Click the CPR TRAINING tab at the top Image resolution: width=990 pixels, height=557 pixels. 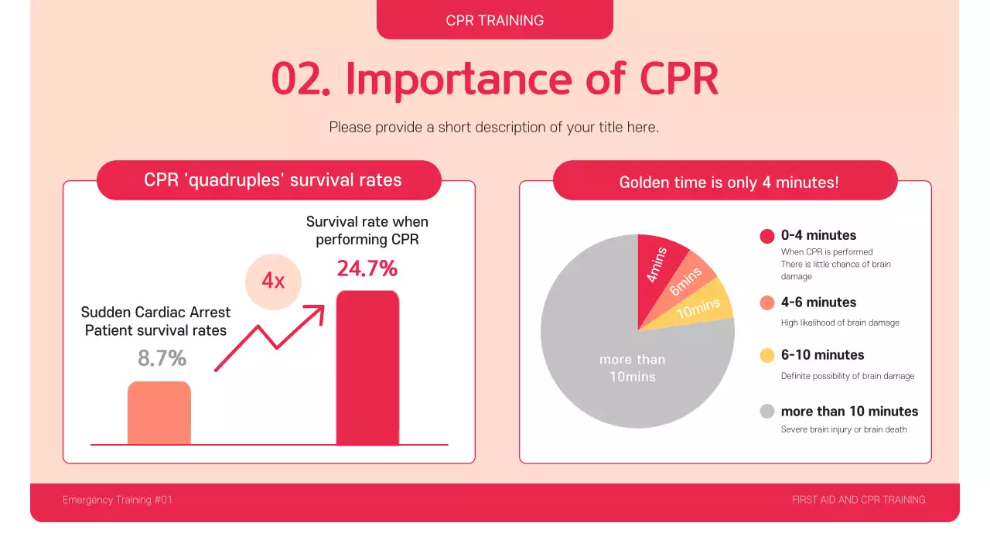click(x=495, y=20)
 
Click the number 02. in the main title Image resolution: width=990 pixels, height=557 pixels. click(x=301, y=78)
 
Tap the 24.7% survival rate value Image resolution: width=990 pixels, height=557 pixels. click(x=367, y=269)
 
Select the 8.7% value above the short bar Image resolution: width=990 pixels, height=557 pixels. click(x=162, y=359)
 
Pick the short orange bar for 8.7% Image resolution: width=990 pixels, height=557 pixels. click(x=159, y=413)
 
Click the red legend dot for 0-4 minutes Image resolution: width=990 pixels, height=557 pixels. click(x=767, y=236)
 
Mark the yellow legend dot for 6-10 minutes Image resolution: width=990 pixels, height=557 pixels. click(x=767, y=356)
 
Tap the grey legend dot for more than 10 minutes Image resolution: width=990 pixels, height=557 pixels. click(x=767, y=412)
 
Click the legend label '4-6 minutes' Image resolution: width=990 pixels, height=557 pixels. click(x=818, y=302)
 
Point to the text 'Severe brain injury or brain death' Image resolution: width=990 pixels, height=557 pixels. click(x=844, y=429)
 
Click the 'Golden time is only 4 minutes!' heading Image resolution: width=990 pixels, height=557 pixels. click(x=729, y=183)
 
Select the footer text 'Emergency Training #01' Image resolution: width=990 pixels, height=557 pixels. click(x=118, y=500)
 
